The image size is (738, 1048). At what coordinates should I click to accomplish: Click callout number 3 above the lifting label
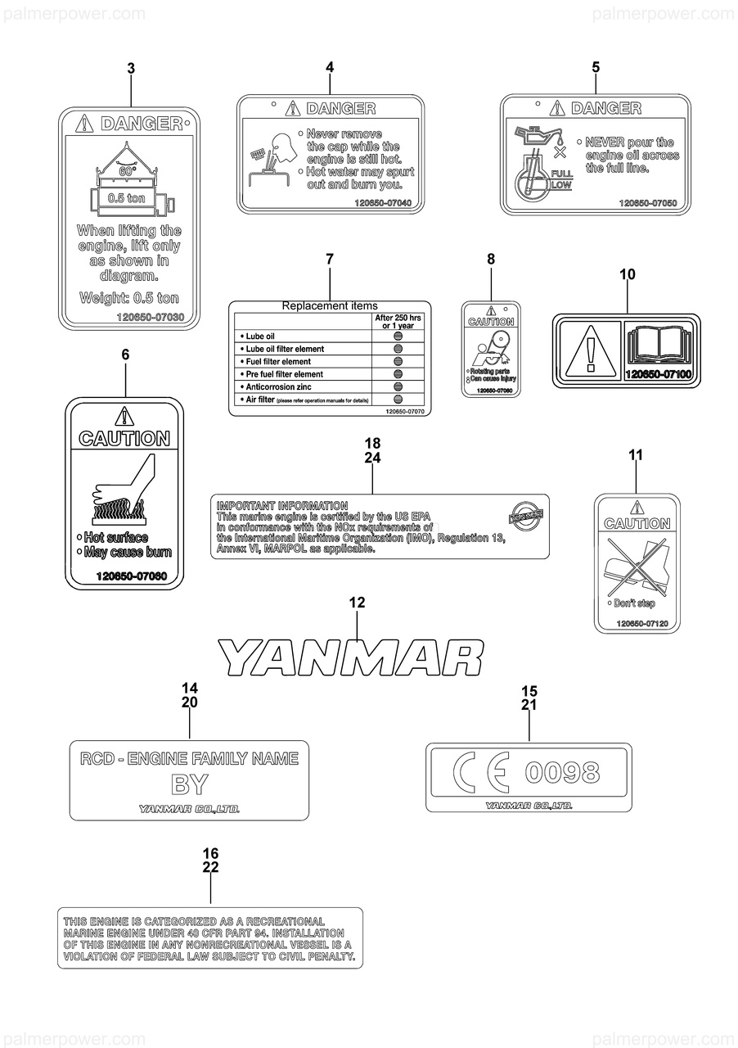coord(131,70)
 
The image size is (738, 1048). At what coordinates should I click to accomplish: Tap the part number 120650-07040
coord(383,203)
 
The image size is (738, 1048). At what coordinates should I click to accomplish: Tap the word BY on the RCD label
coord(189,784)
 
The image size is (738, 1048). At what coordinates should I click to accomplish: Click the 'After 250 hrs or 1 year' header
coord(398,321)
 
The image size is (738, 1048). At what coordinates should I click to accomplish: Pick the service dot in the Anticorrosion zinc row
coord(398,386)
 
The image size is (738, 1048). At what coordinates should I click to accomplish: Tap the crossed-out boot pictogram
coord(637,567)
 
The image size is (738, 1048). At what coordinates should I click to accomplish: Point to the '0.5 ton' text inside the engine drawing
coord(126,197)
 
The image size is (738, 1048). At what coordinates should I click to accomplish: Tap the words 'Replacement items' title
coord(330,305)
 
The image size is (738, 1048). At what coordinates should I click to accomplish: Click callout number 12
coord(357,603)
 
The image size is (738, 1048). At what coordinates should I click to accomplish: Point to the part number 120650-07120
coord(642,624)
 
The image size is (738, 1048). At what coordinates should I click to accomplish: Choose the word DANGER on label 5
coord(605,108)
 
